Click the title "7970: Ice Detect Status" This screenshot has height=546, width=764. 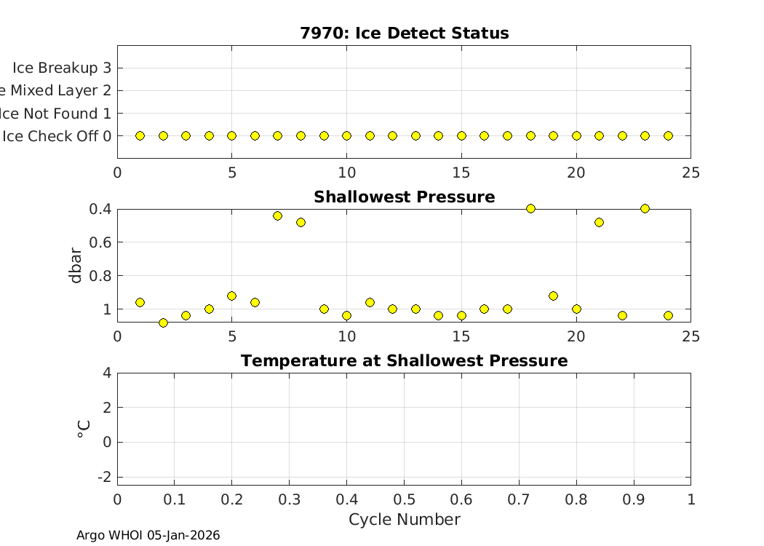pos(404,33)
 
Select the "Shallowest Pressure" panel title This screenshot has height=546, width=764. pos(404,197)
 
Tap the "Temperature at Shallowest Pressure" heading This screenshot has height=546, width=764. pos(404,361)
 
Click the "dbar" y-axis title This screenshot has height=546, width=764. pos(76,265)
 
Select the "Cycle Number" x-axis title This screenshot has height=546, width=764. pos(404,520)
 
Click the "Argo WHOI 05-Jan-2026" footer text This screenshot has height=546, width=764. pos(148,536)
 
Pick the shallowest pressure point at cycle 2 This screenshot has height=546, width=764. pos(163,323)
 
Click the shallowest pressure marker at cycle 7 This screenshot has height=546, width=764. pos(277,215)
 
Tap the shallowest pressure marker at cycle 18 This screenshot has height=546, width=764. pos(530,209)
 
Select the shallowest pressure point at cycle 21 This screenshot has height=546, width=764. pos(599,222)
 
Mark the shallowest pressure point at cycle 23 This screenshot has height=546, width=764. pos(645,209)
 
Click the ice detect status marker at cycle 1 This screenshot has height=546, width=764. pos(140,136)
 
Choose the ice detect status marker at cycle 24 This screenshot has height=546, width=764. pos(668,136)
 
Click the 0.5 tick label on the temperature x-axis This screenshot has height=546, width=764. pos(404,500)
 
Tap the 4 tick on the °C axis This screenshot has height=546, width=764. pos(106,373)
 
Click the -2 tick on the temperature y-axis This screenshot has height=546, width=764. pos(103,477)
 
